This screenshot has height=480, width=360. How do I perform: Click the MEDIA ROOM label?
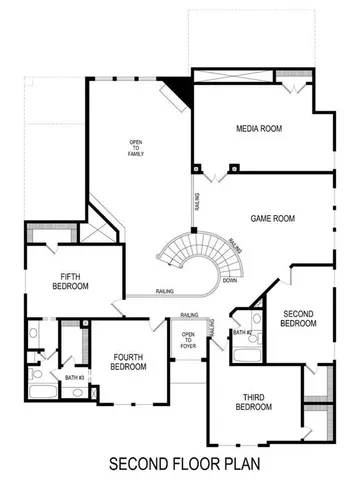coord(256,129)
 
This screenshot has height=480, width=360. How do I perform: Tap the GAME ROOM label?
coord(271,217)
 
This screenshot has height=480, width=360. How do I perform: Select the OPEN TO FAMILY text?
coord(136,148)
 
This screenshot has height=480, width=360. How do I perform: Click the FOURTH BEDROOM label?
coord(129,362)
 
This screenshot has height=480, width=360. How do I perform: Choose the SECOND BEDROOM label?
coord(298,319)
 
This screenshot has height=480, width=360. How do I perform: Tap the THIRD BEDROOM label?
coord(253,402)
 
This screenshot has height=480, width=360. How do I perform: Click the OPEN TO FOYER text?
coord(187,340)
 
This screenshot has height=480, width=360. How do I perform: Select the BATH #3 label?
coord(73,377)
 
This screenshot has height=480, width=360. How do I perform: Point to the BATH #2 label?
coord(241,332)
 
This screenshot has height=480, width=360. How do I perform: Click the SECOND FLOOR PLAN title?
coord(179,463)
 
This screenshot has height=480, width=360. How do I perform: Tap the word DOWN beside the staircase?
coord(229,281)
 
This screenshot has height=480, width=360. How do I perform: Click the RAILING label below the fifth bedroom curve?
coord(167,291)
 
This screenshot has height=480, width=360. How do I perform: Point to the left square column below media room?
coord(198,167)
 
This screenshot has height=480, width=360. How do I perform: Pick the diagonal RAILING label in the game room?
coord(234,245)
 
